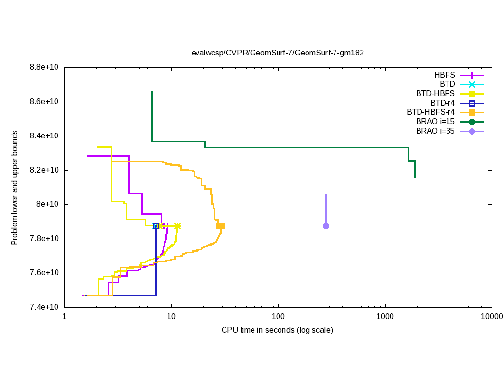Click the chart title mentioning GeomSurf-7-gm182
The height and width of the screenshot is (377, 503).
click(278, 53)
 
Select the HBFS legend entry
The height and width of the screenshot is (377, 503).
click(445, 75)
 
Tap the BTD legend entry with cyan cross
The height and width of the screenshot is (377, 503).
click(447, 84)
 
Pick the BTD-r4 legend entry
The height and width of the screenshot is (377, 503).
click(442, 103)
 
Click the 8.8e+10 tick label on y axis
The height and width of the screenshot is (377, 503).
click(44, 67)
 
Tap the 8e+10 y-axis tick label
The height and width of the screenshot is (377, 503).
click(48, 204)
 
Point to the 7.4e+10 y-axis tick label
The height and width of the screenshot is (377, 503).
click(44, 307)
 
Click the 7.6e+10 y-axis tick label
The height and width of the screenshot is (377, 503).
click(44, 273)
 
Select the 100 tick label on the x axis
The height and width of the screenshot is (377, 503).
click(278, 317)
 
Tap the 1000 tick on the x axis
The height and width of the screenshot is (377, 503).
click(385, 317)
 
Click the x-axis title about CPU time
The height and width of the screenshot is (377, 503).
click(277, 330)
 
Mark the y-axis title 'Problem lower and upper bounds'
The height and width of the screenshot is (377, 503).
click(15, 188)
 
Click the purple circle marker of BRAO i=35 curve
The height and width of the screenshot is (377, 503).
click(326, 226)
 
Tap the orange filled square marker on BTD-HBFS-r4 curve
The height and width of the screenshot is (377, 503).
click(221, 226)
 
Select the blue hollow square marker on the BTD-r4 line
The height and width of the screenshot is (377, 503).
click(156, 226)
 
